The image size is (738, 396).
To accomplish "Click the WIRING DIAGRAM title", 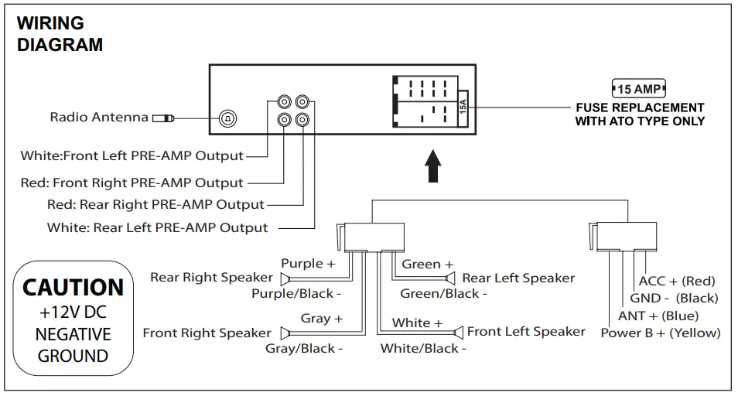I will [60, 34].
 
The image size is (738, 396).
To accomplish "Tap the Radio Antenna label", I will [99, 118].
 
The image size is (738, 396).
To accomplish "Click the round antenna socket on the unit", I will [228, 118].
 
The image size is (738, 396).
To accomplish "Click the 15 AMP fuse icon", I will [638, 89].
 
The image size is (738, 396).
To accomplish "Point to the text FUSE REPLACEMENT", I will [640, 108].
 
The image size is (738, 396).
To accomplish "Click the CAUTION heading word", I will [73, 288].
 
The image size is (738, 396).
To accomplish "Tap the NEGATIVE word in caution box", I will [73, 335].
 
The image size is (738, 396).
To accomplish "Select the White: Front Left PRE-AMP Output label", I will [132, 155].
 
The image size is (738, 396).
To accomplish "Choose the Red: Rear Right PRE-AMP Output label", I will [155, 205].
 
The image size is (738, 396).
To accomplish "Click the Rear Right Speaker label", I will [211, 277].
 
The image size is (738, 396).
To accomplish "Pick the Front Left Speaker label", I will [526, 332].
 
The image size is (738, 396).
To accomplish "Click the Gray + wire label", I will [321, 318].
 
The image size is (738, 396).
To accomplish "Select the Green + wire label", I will [428, 265].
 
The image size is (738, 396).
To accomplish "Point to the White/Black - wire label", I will [423, 349].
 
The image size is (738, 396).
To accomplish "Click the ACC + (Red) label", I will [676, 282].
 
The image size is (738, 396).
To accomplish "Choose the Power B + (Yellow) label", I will [660, 333].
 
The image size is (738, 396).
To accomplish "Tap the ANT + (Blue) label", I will [658, 316].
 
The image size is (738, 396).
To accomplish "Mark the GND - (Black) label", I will [673, 299].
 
